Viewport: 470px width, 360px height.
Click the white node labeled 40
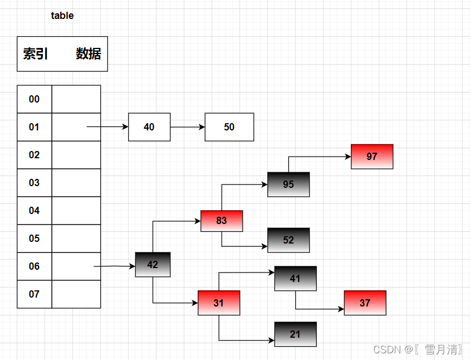point(149,127)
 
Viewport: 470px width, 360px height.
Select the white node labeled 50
point(229,127)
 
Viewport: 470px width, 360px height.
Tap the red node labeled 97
point(372,157)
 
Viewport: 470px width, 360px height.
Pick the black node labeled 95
point(288,184)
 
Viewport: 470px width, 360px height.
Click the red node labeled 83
point(222,221)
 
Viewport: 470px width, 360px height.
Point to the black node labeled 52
point(288,240)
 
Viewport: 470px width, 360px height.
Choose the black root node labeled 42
point(153,265)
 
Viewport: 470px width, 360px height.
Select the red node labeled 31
point(219,303)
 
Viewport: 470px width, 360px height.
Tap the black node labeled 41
point(295,279)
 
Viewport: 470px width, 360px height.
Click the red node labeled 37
point(365,303)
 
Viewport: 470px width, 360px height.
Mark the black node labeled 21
point(295,334)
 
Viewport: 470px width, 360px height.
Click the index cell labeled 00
point(35,99)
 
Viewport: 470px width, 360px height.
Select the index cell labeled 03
point(35,183)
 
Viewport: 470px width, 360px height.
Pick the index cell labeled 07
point(35,294)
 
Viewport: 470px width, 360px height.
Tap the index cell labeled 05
point(35,239)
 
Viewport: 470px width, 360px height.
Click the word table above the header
point(62,16)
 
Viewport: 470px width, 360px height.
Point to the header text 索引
point(36,54)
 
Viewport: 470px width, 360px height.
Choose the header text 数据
point(89,54)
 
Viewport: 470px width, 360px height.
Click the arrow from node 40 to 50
point(188,127)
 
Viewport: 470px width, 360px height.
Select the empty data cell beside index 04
point(76,211)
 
